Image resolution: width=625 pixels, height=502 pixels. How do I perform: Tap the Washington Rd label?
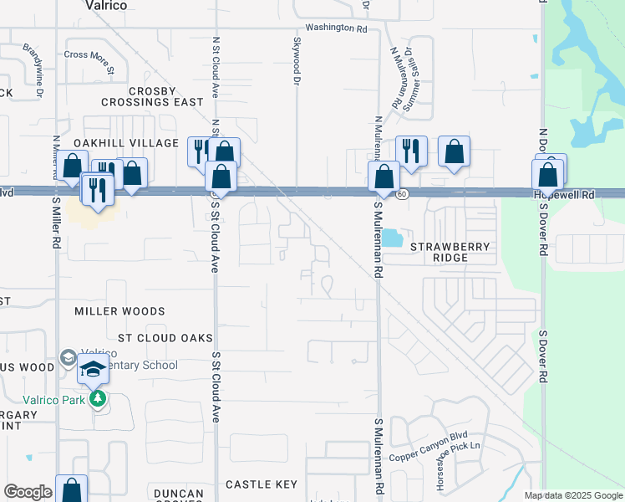[x=336, y=28]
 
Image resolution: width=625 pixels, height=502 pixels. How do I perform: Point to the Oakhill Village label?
[x=126, y=143]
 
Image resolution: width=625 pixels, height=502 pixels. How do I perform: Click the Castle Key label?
[x=261, y=484]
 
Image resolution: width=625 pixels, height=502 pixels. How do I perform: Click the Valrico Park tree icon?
[x=98, y=398]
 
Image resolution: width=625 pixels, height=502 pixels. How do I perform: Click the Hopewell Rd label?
[x=565, y=195]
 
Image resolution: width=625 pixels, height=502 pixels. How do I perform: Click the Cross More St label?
[x=89, y=55]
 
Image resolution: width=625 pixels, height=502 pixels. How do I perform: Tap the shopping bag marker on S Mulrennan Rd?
[x=384, y=177]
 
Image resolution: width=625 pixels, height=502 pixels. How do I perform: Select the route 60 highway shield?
[x=402, y=194]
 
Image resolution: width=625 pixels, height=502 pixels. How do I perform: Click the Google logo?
[x=28, y=492]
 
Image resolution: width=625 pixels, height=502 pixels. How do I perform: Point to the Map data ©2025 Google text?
[x=572, y=496]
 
